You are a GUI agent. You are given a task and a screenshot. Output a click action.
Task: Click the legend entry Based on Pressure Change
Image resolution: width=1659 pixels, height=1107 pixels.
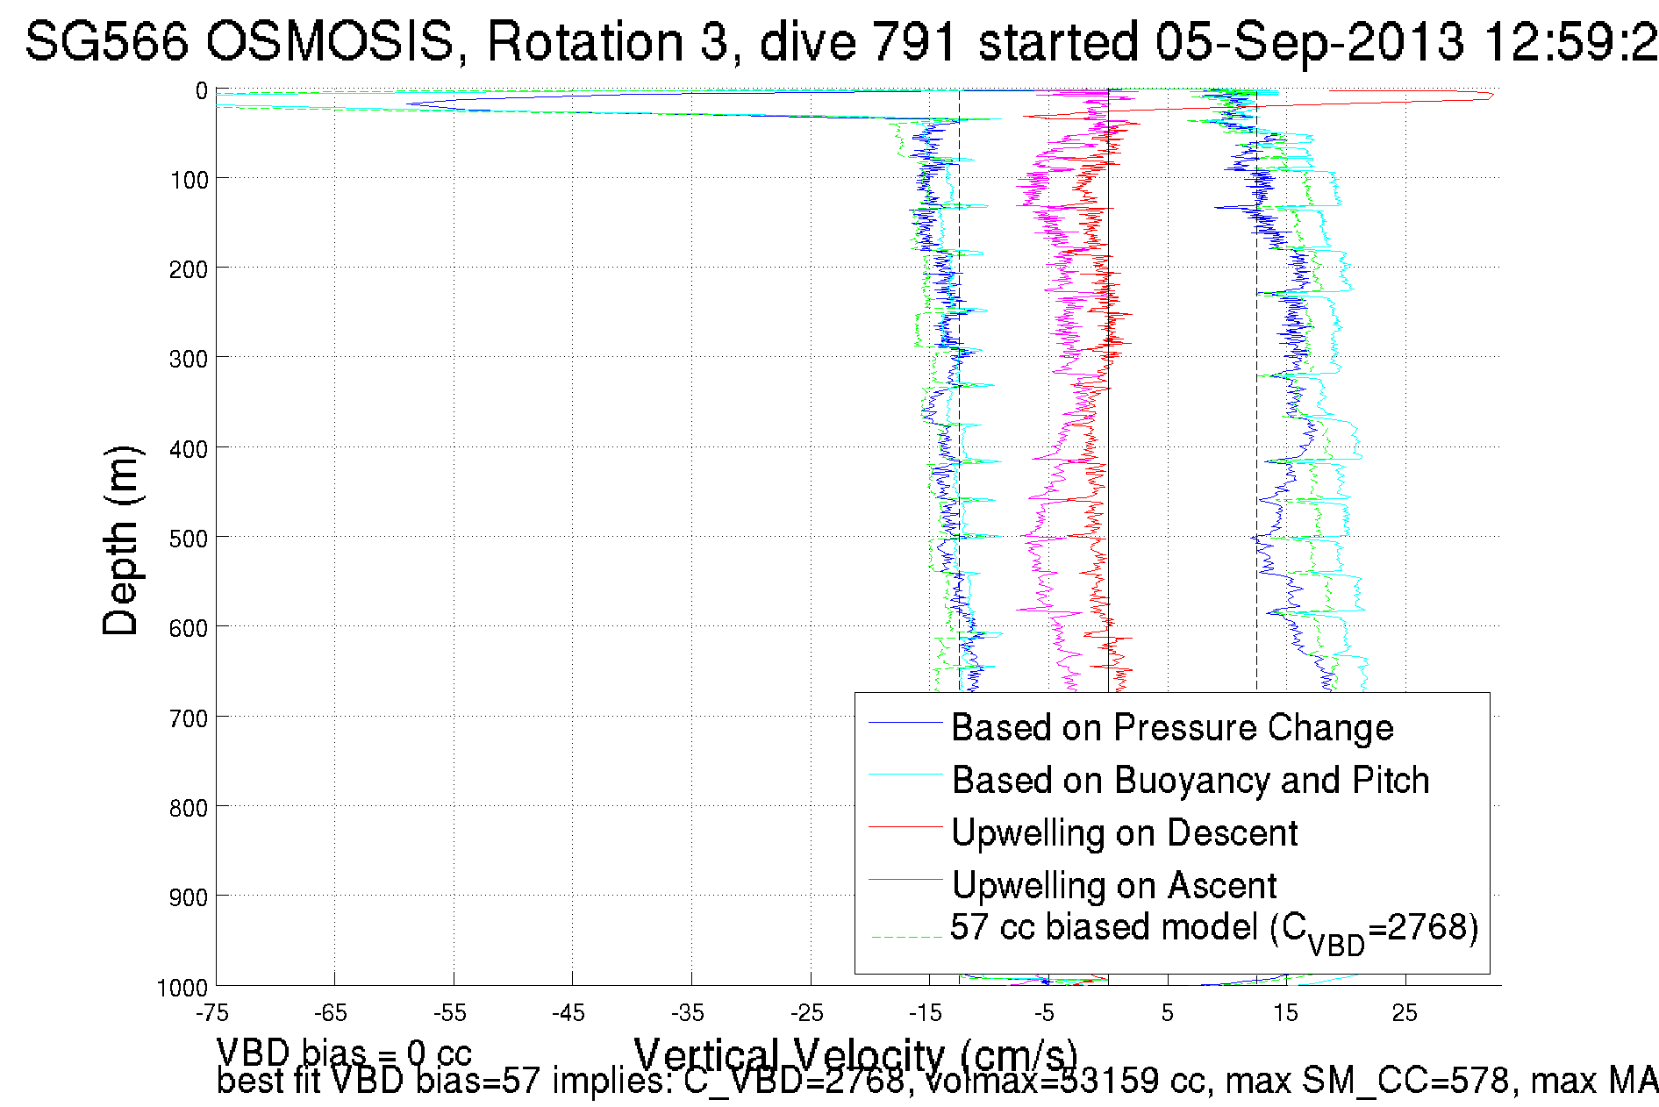[1172, 727]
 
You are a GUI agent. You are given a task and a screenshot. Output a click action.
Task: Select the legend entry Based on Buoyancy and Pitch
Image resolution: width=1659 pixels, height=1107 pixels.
[1190, 780]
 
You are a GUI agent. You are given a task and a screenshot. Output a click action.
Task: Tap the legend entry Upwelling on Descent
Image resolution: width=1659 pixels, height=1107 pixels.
[1124, 832]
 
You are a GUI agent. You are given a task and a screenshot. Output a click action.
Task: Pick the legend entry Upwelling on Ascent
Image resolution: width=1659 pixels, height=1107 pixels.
[1113, 885]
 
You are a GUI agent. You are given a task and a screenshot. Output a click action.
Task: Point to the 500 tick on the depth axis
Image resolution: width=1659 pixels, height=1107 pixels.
[189, 538]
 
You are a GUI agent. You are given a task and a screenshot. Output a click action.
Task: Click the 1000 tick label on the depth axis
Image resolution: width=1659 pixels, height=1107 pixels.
[182, 988]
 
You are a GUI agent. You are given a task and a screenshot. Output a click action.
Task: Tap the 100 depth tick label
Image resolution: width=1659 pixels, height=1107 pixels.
[189, 180]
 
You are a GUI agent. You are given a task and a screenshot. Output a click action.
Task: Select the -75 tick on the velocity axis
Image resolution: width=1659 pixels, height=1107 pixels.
[212, 1013]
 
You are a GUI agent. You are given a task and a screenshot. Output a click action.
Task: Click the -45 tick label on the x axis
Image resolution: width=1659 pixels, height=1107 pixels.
[568, 1013]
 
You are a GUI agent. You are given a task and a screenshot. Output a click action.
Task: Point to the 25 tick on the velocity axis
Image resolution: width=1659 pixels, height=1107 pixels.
[1405, 1013]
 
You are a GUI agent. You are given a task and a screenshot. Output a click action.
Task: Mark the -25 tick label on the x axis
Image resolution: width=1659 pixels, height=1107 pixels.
[807, 1013]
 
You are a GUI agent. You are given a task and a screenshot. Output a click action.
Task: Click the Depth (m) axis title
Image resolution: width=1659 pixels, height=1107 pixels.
[121, 540]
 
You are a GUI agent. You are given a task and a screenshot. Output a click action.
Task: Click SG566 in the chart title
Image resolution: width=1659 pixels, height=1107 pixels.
[106, 40]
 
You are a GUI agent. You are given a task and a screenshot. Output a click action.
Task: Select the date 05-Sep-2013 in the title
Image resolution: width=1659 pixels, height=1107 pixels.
[1309, 40]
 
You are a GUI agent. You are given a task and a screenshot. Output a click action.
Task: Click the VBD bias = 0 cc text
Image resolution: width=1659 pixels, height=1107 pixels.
[344, 1052]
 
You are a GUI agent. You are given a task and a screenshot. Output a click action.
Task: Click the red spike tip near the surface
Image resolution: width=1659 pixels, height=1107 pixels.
[1492, 95]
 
